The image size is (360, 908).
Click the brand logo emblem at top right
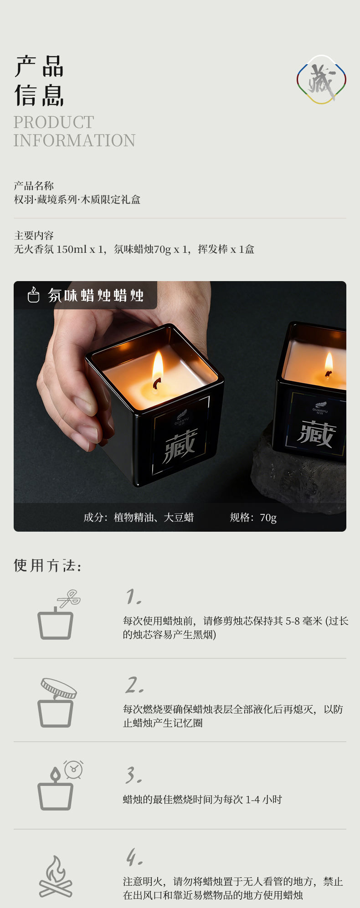pyautogui.click(x=321, y=79)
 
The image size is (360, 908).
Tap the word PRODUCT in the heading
pyautogui.click(x=54, y=122)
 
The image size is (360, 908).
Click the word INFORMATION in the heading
pyautogui.click(x=74, y=140)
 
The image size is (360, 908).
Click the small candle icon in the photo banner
pyautogui.click(x=33, y=295)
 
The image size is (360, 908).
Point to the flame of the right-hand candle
pyautogui.click(x=329, y=365)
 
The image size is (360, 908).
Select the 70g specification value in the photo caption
pyautogui.click(x=268, y=518)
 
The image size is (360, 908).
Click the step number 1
pyautogui.click(x=134, y=596)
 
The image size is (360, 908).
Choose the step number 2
pyautogui.click(x=135, y=685)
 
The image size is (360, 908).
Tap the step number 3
pyautogui.click(x=134, y=775)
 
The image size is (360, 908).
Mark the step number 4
pyautogui.click(x=134, y=857)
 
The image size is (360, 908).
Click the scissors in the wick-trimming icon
pyautogui.click(x=69, y=598)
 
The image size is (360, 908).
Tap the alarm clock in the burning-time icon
pyautogui.click(x=73, y=769)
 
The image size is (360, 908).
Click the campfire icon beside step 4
pyautogui.click(x=56, y=876)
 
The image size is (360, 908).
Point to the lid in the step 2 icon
pyautogui.click(x=59, y=688)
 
